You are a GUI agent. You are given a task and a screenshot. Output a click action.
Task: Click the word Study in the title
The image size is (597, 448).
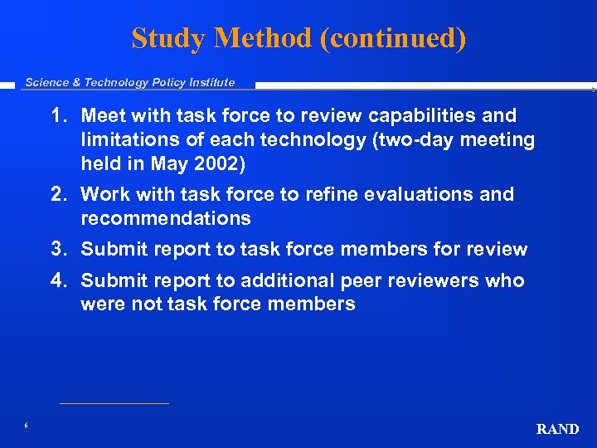coord(163,38)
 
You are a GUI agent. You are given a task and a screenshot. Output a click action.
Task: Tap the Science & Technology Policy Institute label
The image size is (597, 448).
coord(129,82)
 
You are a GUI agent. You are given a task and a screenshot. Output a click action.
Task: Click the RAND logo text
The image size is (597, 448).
coord(557,429)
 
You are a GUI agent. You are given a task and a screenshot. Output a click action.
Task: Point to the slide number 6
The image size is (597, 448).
coord(27,426)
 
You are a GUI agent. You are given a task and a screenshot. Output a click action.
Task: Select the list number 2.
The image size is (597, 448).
coord(58,194)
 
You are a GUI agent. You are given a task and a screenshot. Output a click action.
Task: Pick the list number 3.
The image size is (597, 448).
coord(58,250)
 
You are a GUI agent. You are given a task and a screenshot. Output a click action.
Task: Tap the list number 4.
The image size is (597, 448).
coord(58,280)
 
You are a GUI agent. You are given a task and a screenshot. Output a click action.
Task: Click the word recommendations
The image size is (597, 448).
coord(165,218)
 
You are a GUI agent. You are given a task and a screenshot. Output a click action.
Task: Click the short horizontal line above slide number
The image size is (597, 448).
coord(114,404)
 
